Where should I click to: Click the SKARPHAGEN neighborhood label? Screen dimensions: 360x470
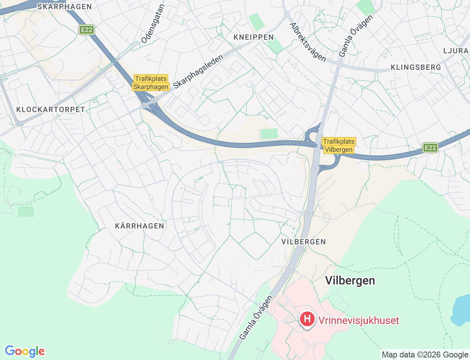tap(65, 7)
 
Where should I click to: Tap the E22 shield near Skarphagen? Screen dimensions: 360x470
tap(87, 30)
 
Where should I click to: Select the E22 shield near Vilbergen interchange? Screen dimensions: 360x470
tap(430, 148)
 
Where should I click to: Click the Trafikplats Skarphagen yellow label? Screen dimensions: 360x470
tap(151, 83)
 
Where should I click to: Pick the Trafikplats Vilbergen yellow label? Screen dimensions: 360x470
tap(339, 145)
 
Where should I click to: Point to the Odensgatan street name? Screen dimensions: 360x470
tap(153, 24)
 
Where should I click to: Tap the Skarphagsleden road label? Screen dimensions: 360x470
tap(198, 72)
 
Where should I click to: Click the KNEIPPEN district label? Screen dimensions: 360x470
tap(254, 37)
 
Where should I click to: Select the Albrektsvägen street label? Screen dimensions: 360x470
tap(308, 42)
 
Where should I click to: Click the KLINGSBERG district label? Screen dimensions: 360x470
tap(416, 67)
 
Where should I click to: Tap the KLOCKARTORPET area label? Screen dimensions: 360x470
tap(51, 109)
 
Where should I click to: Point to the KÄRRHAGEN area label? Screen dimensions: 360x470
tap(140, 226)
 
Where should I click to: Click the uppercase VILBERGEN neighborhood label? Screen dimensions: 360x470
tap(303, 242)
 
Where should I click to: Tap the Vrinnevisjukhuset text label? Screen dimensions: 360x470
tap(358, 320)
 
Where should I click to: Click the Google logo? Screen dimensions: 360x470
tap(25, 351)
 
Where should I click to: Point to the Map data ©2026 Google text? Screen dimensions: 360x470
tap(425, 354)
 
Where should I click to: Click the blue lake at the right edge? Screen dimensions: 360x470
tap(462, 310)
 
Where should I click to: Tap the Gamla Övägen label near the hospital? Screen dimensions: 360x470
tap(256, 317)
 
